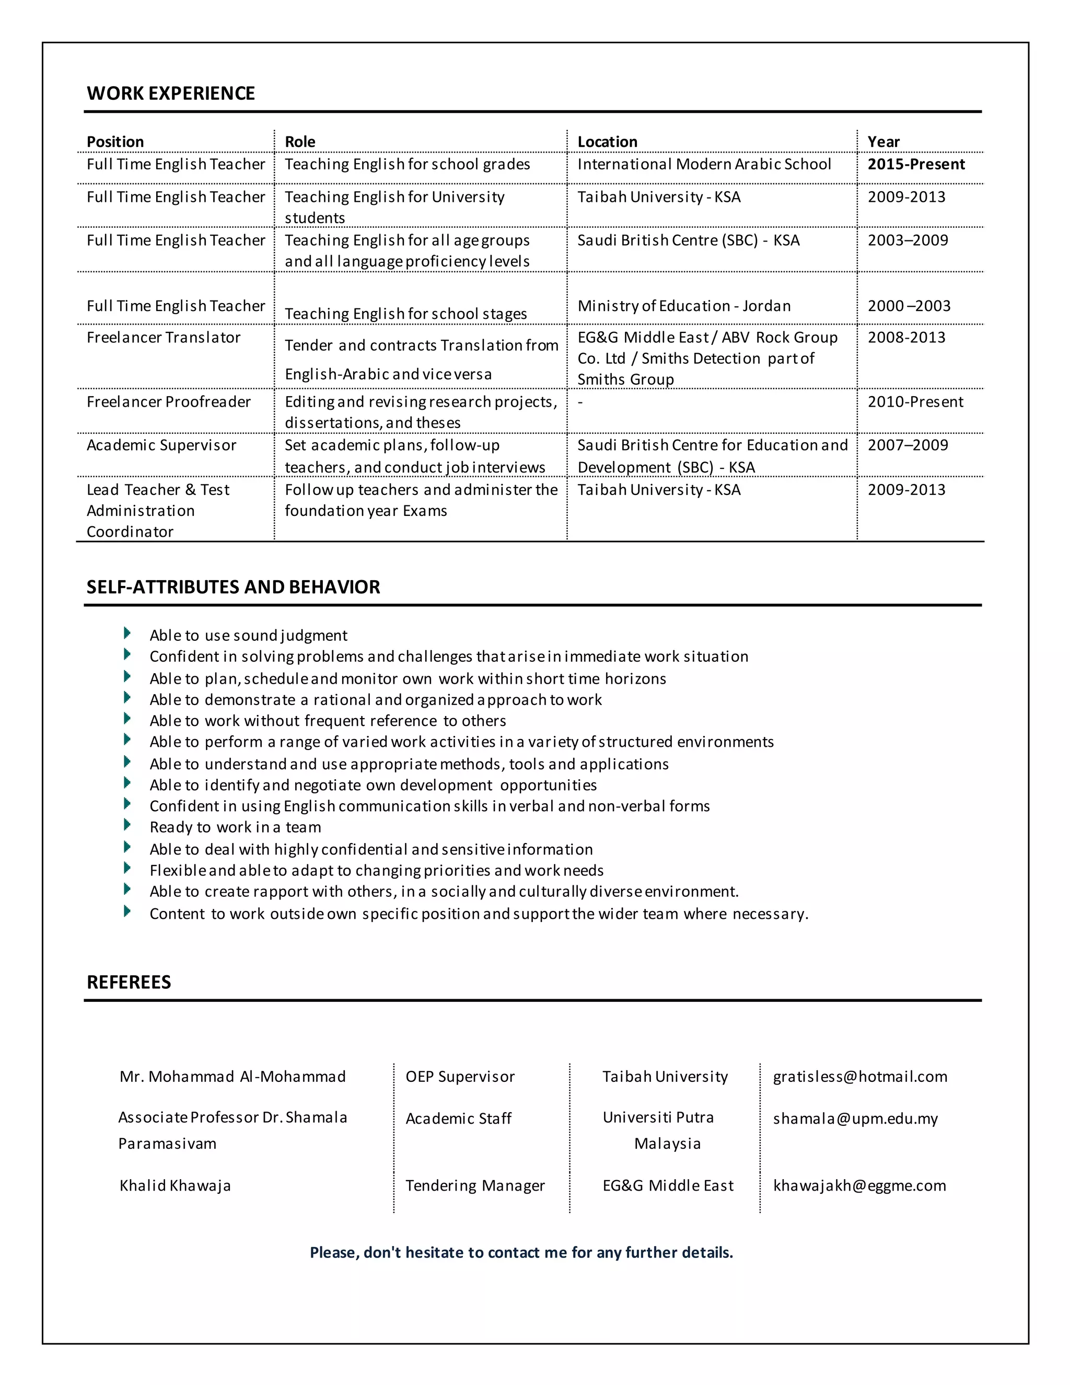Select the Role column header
(300, 142)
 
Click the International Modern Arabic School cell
(704, 164)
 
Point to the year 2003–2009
(907, 240)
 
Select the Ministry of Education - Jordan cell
(683, 306)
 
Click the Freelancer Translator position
(164, 338)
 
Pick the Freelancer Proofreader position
(169, 401)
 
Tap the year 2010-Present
(915, 401)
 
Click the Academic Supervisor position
(161, 445)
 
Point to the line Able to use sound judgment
(249, 636)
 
